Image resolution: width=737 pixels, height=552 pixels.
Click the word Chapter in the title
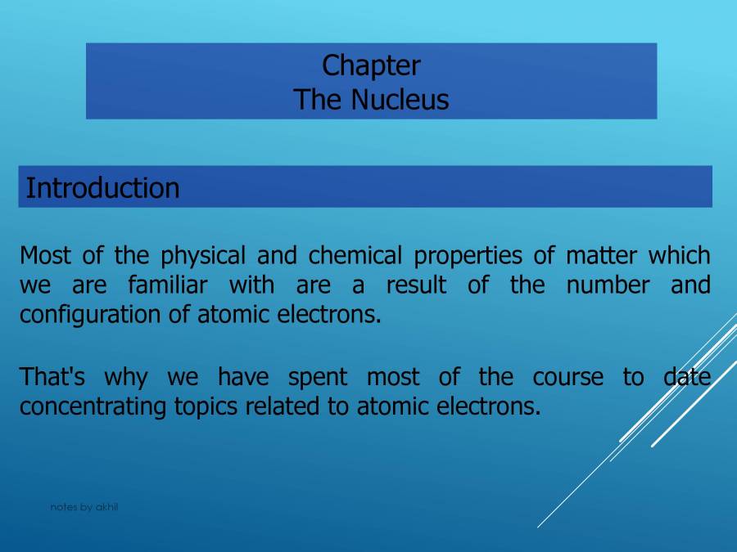371,65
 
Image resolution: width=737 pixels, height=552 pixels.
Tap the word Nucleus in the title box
400,100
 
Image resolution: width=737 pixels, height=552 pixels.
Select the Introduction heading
102,188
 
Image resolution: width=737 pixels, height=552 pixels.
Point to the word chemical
355,256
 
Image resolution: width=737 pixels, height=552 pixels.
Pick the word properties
468,256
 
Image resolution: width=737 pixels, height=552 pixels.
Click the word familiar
167,285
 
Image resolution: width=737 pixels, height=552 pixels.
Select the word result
416,285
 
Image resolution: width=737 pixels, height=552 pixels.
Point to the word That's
52,377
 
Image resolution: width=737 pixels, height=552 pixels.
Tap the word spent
317,378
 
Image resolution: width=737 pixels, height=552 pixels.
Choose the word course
567,377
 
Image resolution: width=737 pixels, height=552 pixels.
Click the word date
686,377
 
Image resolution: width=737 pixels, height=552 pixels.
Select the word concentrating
94,406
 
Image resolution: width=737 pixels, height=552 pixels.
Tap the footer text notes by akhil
84,507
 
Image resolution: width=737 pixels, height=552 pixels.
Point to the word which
680,256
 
